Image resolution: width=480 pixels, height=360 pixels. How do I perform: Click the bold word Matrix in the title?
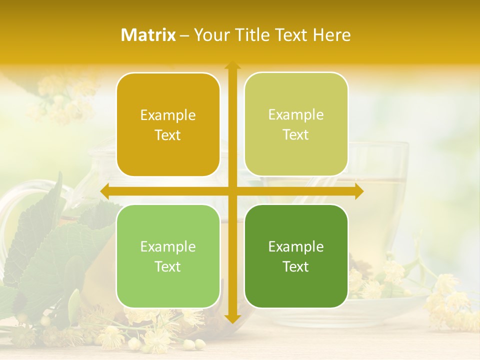pos(148,35)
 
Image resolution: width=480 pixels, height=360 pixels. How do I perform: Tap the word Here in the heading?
pos(331,35)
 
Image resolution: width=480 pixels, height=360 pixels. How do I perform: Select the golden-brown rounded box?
pos(168,124)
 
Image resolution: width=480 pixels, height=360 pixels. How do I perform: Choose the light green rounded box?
pos(168,256)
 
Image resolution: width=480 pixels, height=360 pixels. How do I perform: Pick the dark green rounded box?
pos(296,256)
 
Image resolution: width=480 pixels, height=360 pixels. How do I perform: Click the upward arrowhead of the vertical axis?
pos(232,65)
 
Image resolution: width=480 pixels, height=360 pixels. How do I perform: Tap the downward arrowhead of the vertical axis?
pos(232,318)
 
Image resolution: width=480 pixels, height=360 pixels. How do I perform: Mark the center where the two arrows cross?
pos(232,191)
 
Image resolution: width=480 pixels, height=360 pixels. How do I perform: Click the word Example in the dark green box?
pos(296,246)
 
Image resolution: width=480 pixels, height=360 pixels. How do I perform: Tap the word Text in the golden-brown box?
pos(168,135)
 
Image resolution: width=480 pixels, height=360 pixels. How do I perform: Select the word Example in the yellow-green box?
pos(296,114)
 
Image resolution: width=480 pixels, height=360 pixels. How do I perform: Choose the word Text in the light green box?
pos(168,266)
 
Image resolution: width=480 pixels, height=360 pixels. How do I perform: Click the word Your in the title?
pos(210,35)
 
